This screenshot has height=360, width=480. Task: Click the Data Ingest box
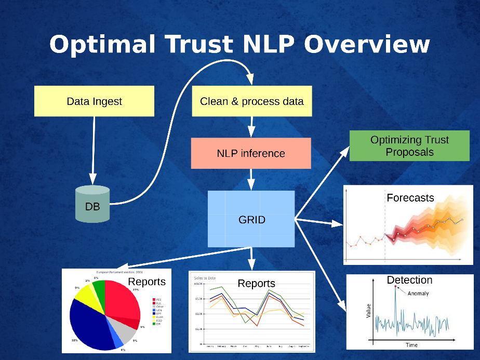[x=94, y=101]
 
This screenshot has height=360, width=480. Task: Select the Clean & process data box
[x=252, y=101]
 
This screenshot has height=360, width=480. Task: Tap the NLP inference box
[x=251, y=153]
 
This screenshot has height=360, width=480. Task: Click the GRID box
[x=251, y=219]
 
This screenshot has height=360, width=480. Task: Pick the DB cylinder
[x=92, y=205]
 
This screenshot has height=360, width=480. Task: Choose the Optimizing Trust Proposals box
[x=410, y=146]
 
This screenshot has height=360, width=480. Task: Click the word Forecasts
[x=410, y=197]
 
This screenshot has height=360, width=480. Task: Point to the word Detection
[x=409, y=280]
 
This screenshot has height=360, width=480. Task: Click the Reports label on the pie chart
[x=146, y=282]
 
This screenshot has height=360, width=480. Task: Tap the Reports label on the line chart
[x=256, y=283]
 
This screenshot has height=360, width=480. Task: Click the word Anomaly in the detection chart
[x=418, y=294]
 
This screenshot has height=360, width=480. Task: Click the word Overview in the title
[x=367, y=44]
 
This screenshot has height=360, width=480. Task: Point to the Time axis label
[x=411, y=345]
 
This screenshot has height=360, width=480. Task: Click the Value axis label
[x=368, y=311]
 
